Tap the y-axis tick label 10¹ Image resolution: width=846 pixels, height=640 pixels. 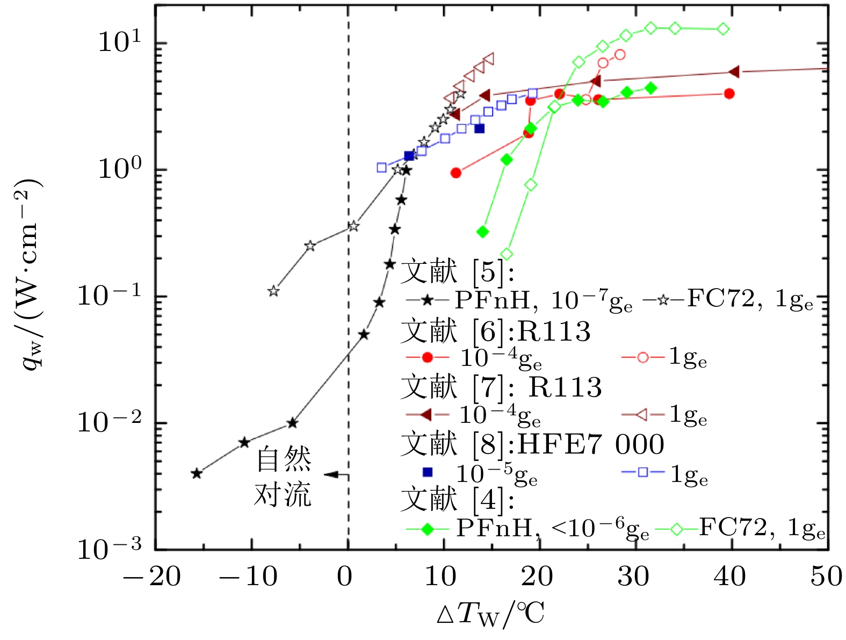click(119, 42)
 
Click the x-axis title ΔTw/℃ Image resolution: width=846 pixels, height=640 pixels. click(490, 614)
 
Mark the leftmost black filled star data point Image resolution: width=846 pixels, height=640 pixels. click(197, 473)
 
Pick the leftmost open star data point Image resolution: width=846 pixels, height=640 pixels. click(274, 291)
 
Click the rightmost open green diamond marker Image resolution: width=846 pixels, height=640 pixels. click(724, 29)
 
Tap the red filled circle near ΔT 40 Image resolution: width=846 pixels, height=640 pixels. click(729, 94)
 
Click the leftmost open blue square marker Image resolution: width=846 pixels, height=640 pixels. click(381, 168)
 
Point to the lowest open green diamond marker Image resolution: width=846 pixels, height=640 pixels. click(507, 254)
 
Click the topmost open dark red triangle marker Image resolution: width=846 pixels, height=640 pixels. click(489, 59)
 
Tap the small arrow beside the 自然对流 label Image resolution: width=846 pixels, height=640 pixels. click(333, 475)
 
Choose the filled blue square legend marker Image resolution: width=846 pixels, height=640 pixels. click(428, 472)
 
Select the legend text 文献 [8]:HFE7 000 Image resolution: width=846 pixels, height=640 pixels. click(532, 445)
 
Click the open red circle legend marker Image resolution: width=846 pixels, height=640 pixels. click(643, 357)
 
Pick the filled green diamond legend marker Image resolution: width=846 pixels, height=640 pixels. click(428, 529)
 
